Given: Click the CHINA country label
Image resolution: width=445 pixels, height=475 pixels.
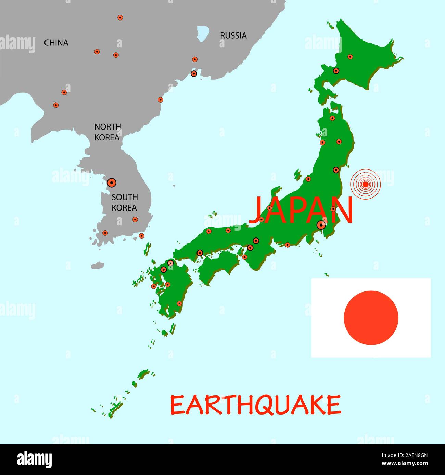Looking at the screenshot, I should tap(56, 43).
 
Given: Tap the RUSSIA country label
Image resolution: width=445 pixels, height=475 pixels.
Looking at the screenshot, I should tap(233, 36).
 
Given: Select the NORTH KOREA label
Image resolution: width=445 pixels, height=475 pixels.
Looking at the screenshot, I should tap(107, 132).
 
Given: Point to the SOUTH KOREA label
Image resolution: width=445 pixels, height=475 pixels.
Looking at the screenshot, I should tap(124, 202).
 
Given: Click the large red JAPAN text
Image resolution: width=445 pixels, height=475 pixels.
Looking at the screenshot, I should tap(301, 210).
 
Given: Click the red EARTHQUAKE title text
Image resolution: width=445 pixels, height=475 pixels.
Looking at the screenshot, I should tap(255, 405).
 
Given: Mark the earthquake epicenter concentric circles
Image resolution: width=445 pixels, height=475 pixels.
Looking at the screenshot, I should tap(365, 185).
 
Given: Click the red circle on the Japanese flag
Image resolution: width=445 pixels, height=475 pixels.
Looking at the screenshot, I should tap(371, 318).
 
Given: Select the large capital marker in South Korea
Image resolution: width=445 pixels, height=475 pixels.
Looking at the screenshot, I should tap(111, 183).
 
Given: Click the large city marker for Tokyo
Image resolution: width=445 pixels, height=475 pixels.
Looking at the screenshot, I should tap(321, 225).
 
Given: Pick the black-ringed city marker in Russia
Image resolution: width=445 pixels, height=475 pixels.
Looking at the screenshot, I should tap(194, 73).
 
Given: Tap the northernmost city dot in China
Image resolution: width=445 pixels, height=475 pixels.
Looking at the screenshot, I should tap(120, 17).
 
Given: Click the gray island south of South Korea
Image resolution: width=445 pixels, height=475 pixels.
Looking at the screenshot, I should tap(98, 265).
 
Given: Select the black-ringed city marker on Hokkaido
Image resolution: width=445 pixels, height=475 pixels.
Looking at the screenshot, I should tap(336, 71).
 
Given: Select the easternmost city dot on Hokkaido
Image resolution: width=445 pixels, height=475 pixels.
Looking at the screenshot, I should tap(350, 57).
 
